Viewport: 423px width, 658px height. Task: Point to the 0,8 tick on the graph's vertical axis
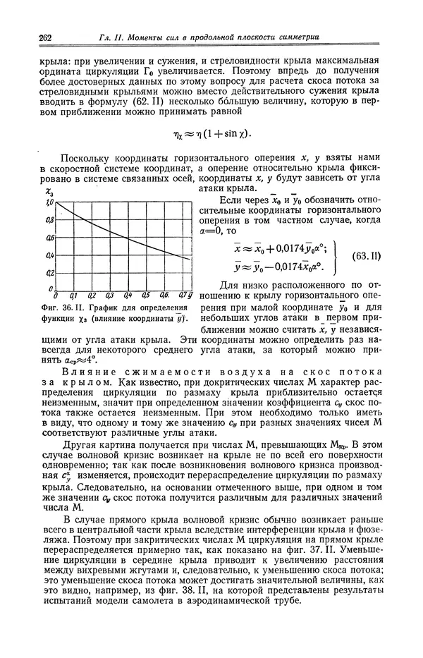point(49,220)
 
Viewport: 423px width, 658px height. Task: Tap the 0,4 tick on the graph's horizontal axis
point(128,296)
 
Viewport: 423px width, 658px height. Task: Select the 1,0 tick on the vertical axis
point(49,203)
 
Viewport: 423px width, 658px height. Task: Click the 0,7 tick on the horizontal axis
point(181,296)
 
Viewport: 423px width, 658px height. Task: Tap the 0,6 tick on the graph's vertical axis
point(49,238)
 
